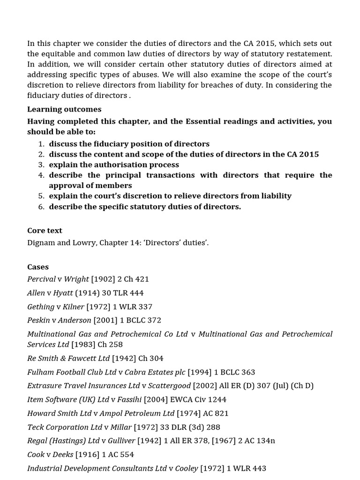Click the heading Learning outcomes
tap(64, 109)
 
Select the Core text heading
tap(45, 231)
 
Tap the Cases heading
tap(38, 267)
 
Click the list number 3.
tap(41, 165)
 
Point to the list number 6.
tap(41, 207)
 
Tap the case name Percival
tap(41, 279)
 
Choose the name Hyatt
tap(63, 293)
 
